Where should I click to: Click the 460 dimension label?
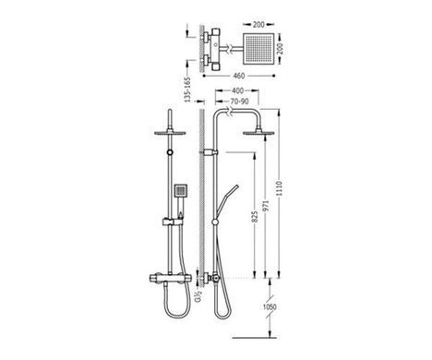click(238, 76)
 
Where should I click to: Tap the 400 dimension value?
click(237, 90)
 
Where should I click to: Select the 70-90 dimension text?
click(239, 102)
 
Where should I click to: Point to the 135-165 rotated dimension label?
click(187, 90)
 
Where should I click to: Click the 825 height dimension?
click(255, 217)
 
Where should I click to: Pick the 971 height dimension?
click(266, 206)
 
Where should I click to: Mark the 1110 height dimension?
click(279, 188)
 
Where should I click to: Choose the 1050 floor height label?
click(270, 306)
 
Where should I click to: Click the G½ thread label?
click(198, 297)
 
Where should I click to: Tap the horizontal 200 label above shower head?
click(258, 24)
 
